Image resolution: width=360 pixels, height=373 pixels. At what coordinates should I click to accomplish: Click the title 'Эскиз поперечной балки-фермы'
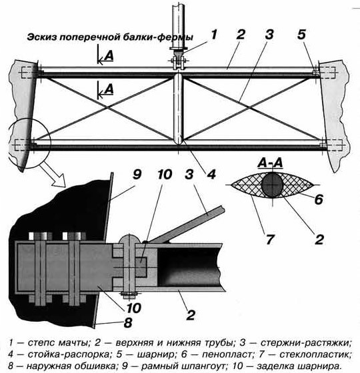coord(110,37)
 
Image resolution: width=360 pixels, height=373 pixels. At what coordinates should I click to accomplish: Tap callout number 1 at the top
coord(214,34)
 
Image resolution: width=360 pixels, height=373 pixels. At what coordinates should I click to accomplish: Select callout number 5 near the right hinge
coord(301,35)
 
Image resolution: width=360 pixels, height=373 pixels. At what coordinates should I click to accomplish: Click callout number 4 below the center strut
coord(211,175)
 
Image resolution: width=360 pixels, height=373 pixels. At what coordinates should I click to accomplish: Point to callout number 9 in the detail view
coord(137,175)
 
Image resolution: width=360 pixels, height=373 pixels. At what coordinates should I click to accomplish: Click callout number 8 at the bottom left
coord(128,323)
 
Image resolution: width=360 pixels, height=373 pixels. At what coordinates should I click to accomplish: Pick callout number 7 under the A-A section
coord(269,239)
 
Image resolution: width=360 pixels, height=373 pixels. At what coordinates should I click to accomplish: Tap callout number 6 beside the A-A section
coord(319,199)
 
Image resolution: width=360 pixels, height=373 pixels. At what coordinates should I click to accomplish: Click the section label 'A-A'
coord(271,163)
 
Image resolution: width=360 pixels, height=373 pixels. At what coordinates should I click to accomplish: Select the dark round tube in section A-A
coord(273,185)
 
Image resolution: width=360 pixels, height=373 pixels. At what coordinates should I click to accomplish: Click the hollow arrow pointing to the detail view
coord(53,175)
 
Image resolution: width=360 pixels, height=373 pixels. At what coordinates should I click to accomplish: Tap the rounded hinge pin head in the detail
coord(129,239)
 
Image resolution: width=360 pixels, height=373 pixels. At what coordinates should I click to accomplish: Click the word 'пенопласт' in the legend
coord(226,354)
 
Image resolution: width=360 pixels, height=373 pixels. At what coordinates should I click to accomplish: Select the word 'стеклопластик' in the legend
coord(315,354)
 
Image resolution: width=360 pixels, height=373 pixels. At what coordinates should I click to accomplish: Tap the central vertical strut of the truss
coord(179,109)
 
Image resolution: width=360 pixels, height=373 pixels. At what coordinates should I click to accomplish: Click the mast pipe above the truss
coord(179,24)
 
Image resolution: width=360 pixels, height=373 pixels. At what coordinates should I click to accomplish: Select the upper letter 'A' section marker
coord(109,56)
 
